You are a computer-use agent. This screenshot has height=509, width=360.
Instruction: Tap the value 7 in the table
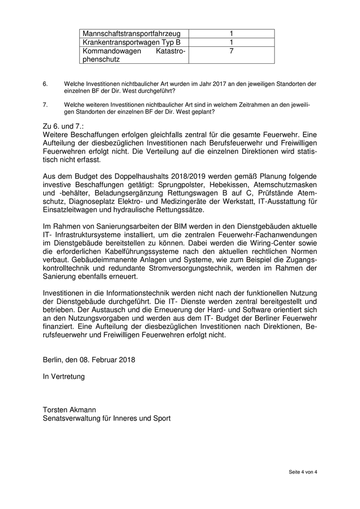click(231, 51)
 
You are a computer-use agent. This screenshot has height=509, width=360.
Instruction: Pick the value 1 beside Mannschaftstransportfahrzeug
click(231, 33)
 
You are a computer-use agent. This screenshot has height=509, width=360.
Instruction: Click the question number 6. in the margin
click(45, 83)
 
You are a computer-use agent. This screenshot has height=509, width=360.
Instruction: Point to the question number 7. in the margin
click(45, 104)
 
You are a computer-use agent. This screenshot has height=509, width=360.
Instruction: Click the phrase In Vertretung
click(64, 376)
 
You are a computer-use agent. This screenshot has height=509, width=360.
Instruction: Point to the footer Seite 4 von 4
click(302, 472)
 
